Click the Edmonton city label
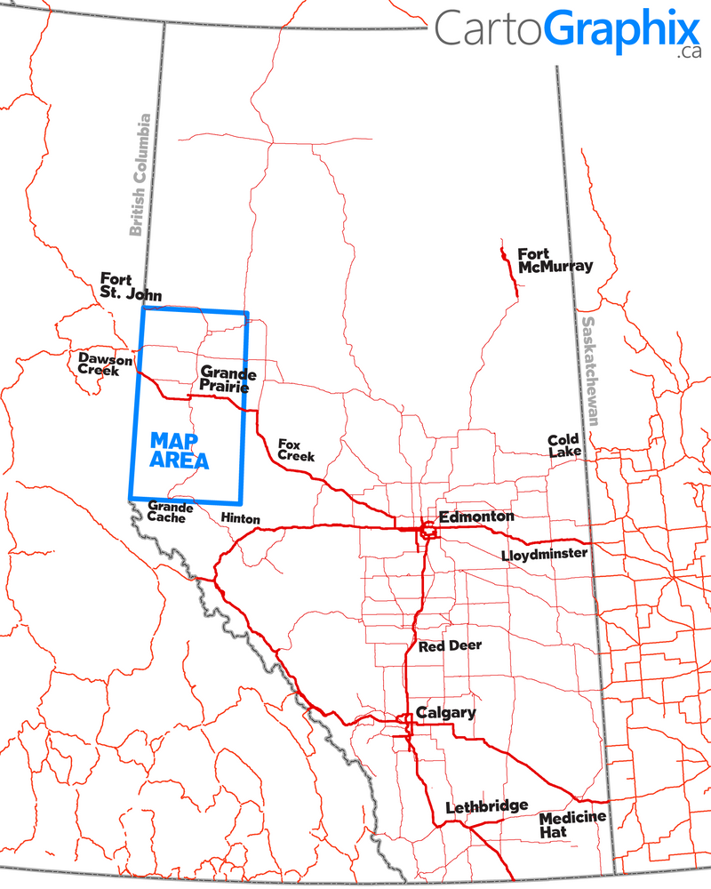click(476, 517)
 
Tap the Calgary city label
click(446, 713)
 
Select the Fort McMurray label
click(555, 260)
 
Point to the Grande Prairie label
click(228, 380)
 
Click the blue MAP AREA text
click(180, 451)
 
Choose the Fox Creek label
click(296, 450)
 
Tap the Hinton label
click(240, 518)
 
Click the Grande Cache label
click(166, 511)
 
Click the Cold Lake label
click(564, 445)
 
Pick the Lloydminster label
click(544, 555)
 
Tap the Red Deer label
click(450, 645)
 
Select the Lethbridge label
click(486, 806)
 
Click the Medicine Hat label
click(572, 824)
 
